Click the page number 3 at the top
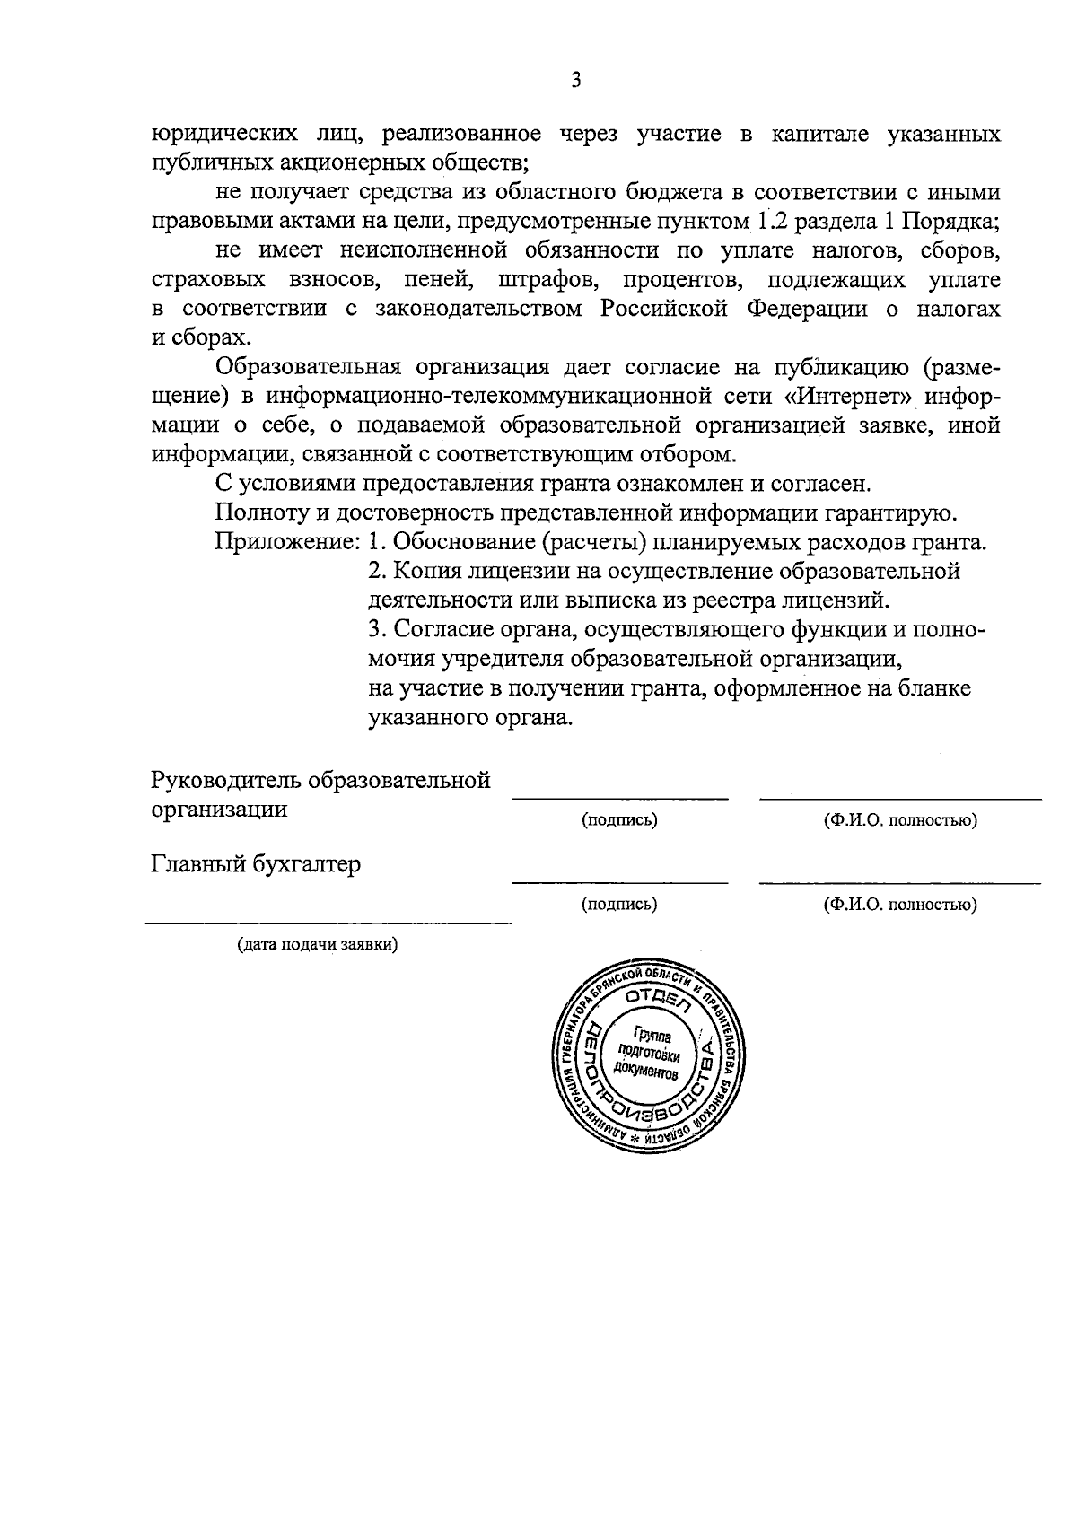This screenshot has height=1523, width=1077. pos(576,81)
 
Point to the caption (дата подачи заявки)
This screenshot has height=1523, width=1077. pos(318,945)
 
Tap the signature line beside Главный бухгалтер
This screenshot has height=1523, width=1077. pos(619,882)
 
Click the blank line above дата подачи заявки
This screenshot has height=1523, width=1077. pos(328,922)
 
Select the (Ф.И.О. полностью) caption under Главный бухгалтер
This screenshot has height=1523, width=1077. pos(900,905)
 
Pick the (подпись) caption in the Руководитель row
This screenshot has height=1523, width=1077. pos(619,819)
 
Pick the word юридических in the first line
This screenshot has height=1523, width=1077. pos(223,135)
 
